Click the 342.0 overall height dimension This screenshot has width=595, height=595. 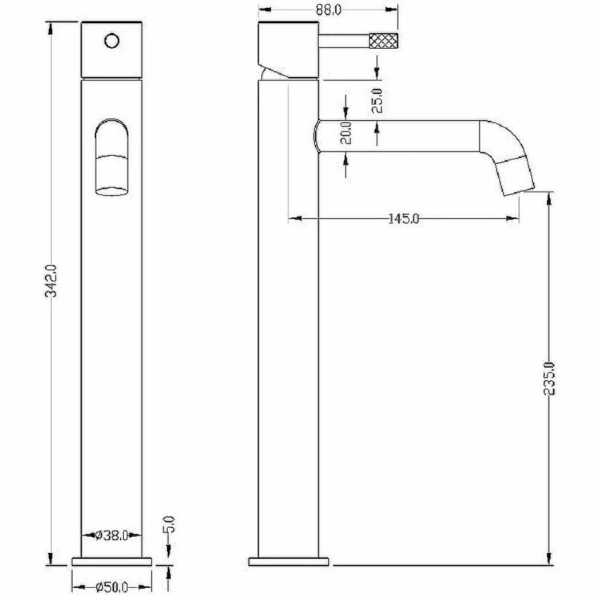tap(51, 281)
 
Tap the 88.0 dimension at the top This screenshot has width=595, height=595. tap(328, 10)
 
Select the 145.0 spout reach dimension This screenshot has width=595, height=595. tap(404, 218)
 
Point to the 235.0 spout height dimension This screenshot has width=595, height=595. tap(549, 378)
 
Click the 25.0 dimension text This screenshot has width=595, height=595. tap(377, 101)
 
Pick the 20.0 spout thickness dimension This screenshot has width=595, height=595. tap(346, 133)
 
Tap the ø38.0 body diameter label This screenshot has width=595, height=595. tap(112, 535)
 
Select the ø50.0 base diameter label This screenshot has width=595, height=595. tap(112, 587)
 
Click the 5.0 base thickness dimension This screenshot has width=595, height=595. tap(170, 525)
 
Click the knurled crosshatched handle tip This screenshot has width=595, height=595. tap(384, 41)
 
